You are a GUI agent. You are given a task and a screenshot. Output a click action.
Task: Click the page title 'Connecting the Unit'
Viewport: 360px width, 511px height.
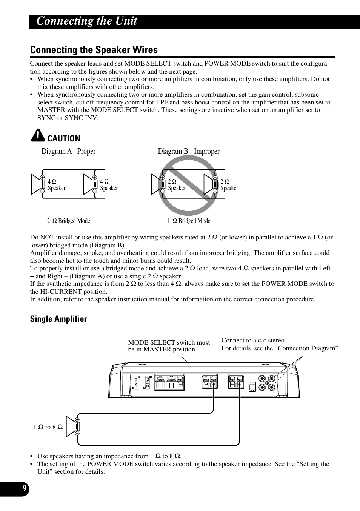tap(87, 21)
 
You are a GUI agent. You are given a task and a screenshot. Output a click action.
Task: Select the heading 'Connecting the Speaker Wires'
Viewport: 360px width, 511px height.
tap(94, 50)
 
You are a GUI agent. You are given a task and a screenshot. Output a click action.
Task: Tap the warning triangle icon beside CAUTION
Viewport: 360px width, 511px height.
tap(38, 135)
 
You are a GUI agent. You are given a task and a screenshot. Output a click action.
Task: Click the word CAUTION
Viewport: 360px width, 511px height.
tap(64, 138)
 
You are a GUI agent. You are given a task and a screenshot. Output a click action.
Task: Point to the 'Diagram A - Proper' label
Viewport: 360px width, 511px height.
tap(68, 151)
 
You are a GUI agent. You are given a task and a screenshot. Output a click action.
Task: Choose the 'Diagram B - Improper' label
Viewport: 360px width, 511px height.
tap(189, 151)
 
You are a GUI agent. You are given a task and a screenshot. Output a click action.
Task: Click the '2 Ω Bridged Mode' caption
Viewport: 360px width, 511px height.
tap(68, 221)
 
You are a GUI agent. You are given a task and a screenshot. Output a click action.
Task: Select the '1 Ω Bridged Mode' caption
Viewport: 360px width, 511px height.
tap(189, 221)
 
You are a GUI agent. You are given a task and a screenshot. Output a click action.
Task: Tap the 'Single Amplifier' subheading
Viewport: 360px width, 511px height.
tap(58, 319)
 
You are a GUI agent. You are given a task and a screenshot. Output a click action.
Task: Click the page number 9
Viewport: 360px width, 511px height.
tap(25, 488)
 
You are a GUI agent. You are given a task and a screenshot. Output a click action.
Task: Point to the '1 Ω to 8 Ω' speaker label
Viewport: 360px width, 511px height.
tap(48, 427)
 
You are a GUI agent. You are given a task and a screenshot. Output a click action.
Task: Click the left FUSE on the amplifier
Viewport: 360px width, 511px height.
tap(136, 382)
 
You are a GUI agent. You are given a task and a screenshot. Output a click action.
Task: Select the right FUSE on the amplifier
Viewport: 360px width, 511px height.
tap(148, 382)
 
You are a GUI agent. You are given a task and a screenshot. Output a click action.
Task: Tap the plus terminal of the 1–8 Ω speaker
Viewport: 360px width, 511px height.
tap(77, 419)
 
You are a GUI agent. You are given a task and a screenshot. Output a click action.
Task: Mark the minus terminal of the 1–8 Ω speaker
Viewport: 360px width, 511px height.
tap(77, 433)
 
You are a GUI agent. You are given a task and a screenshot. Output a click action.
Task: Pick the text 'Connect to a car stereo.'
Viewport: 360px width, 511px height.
tap(254, 341)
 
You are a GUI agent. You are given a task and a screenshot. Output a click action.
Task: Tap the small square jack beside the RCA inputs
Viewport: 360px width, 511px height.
tap(252, 387)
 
